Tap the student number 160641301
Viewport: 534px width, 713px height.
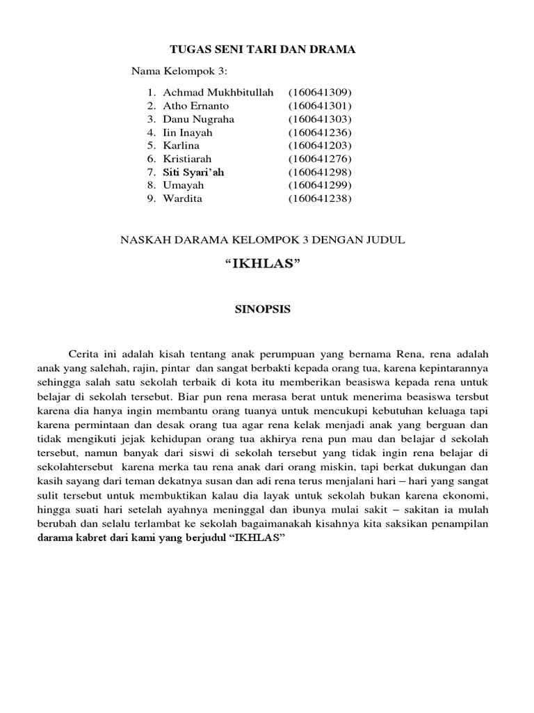coord(321,106)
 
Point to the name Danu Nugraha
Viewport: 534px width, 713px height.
coord(198,119)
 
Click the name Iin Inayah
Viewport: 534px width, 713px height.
coord(188,132)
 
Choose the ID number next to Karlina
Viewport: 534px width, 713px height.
coord(321,146)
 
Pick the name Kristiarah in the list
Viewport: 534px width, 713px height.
coord(187,159)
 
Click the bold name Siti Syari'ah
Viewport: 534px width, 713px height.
coord(194,172)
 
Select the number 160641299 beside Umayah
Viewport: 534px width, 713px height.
coord(321,185)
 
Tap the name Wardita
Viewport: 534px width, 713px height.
coord(182,198)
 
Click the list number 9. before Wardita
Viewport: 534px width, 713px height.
coord(150,198)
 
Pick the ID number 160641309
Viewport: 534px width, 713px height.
coord(321,93)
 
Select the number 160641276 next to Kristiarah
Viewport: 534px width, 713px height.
coord(321,159)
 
